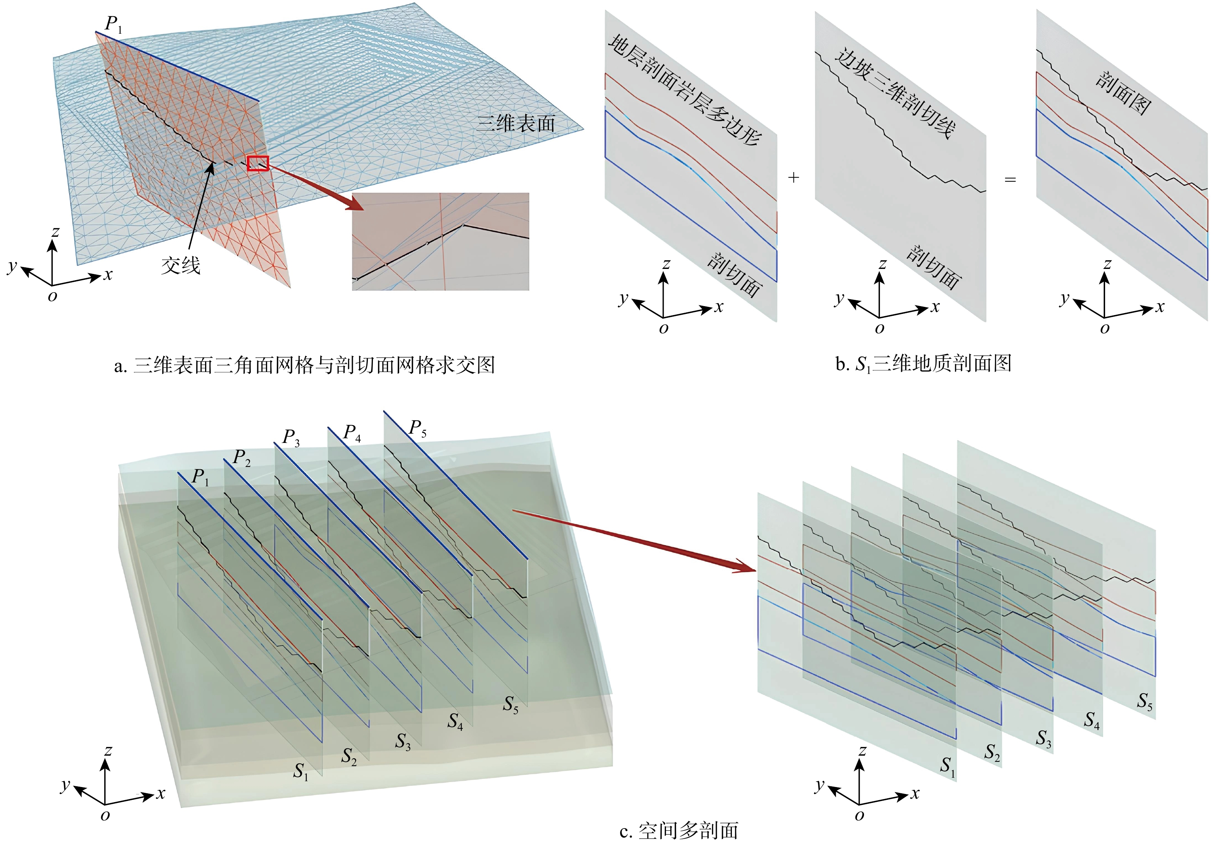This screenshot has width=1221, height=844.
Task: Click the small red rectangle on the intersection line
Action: pyautogui.click(x=258, y=164)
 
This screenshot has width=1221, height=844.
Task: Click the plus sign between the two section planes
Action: pyautogui.click(x=793, y=178)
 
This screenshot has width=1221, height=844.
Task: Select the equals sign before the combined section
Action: pyautogui.click(x=1010, y=180)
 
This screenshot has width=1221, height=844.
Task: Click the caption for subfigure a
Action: pyautogui.click(x=304, y=365)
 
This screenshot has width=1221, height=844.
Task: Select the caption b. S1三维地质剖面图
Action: pyautogui.click(x=923, y=364)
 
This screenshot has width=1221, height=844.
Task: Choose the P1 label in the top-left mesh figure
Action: pyautogui.click(x=113, y=24)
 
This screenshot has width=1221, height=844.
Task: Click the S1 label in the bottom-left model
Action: pyautogui.click(x=301, y=772)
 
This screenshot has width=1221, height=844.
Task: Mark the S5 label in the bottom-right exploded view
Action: pyautogui.click(x=1145, y=702)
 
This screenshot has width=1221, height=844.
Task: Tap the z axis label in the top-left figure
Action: pyautogui.click(x=55, y=232)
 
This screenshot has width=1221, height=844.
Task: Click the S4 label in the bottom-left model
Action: pyautogui.click(x=455, y=721)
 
